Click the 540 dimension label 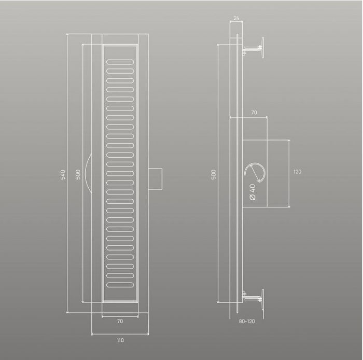point(63,175)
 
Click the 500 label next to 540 point(78,174)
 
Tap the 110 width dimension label point(120,340)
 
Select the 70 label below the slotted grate point(120,321)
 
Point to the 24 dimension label point(236,18)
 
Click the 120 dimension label point(298,172)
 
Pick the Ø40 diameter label point(253,192)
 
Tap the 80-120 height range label point(247,321)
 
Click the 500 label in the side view point(214,174)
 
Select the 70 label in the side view point(254,112)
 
